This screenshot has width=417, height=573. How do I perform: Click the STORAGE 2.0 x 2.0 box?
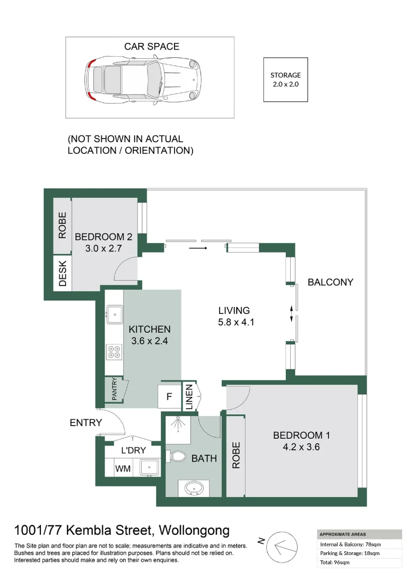285,80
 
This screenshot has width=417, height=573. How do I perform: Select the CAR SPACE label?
152,47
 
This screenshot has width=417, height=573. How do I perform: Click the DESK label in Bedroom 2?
63,273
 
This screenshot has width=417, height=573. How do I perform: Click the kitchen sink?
114,314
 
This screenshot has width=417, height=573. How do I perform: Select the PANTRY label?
114,389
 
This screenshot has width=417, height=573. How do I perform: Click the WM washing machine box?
124,468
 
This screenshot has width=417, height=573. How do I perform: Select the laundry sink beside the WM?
150,467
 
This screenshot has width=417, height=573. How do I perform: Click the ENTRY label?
85,422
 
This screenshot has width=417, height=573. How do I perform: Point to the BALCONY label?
330,282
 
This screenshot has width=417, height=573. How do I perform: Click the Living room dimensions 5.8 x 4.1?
237,322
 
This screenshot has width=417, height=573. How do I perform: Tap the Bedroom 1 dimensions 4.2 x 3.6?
301,447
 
